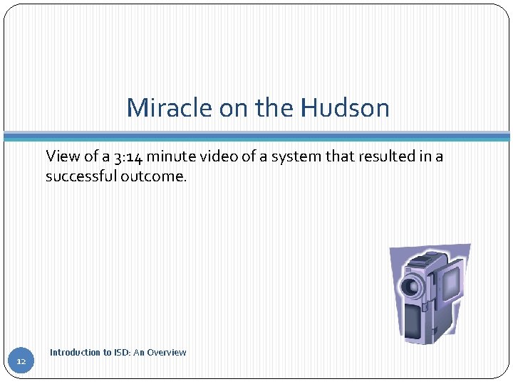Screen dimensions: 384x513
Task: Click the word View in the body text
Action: coord(61,156)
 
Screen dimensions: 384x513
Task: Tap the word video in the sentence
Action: coord(219,156)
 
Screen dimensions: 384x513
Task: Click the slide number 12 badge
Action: coord(21,362)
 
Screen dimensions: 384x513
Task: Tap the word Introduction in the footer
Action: coord(76,352)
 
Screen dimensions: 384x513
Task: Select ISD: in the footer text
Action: coord(123,352)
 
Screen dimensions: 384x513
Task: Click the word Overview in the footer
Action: coord(167,352)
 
